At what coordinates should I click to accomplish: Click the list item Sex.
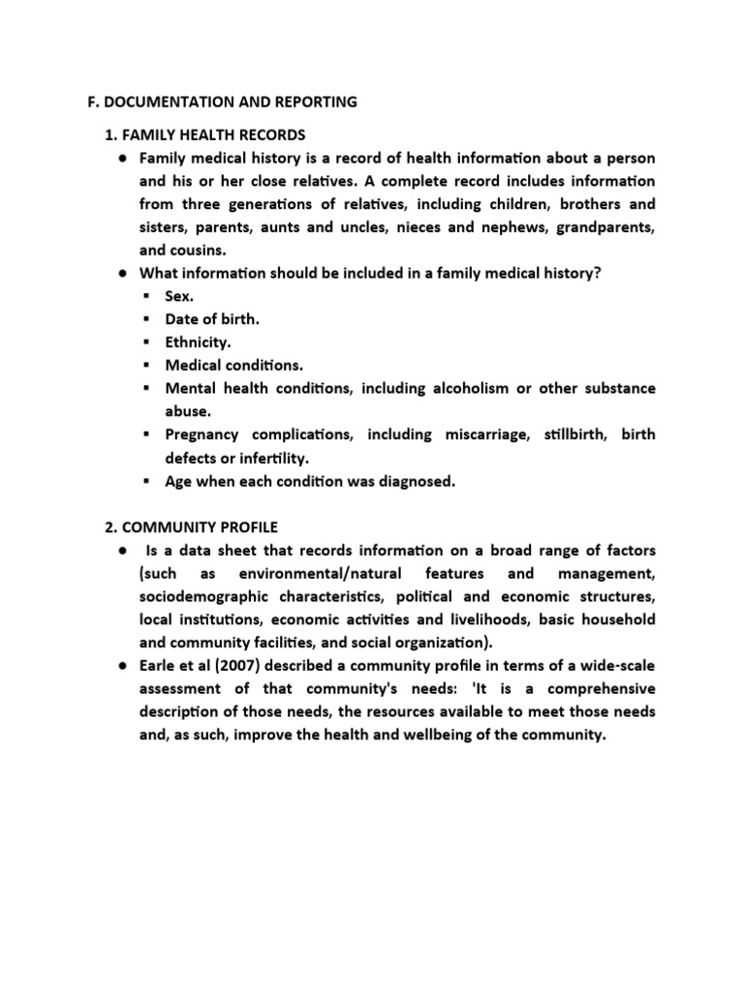(x=179, y=296)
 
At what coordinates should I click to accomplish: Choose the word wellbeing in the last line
(x=451, y=736)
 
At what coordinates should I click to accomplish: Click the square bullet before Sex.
(x=145, y=296)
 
